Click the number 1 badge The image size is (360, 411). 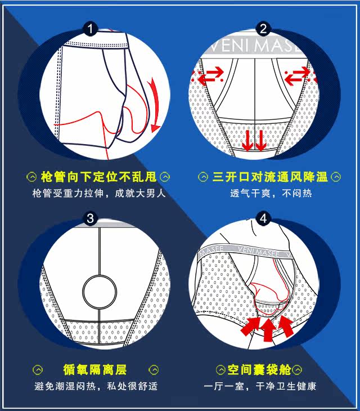coord(91,29)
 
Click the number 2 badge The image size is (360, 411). coord(263,29)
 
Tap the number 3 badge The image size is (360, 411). coord(91,218)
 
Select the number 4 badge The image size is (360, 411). coord(263,218)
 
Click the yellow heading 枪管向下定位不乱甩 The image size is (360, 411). coord(98,177)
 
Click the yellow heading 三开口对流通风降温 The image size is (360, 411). coord(270,177)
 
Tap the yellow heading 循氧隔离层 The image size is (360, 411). coord(95,370)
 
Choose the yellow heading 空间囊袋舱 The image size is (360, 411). coord(259,370)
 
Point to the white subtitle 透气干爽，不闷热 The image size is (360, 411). coord(271,194)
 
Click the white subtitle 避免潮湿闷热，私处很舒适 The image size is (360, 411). coord(96,386)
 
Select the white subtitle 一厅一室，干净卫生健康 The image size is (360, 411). coord(260,386)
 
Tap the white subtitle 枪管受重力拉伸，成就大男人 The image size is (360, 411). coord(99,194)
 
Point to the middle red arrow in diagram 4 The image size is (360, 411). coord(269,329)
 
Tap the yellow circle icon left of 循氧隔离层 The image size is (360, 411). coord(38,370)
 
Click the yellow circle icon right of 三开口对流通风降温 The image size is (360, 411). coord(336,177)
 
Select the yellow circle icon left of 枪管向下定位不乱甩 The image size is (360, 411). coord(31,177)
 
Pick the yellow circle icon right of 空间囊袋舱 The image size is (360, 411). coord(297,370)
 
